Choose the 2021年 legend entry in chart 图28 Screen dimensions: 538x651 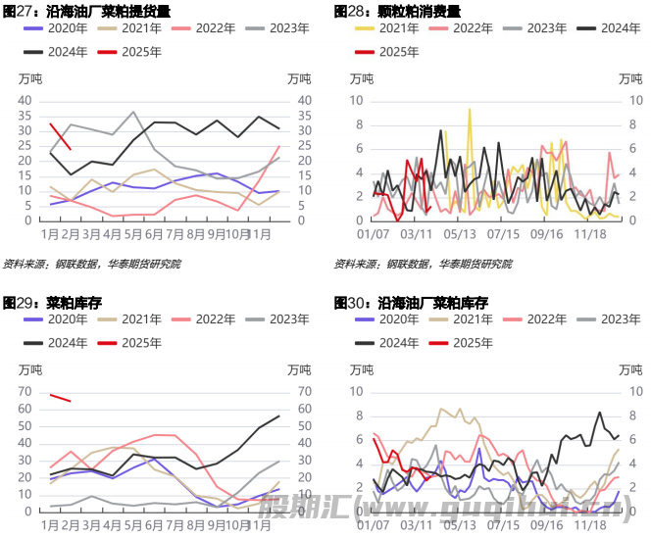tap(386, 28)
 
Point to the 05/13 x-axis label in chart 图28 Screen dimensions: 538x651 tap(459, 235)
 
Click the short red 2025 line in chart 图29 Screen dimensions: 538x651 tap(60, 398)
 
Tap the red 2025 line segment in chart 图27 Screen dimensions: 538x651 tap(60, 136)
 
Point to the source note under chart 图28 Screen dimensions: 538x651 tap(422, 264)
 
